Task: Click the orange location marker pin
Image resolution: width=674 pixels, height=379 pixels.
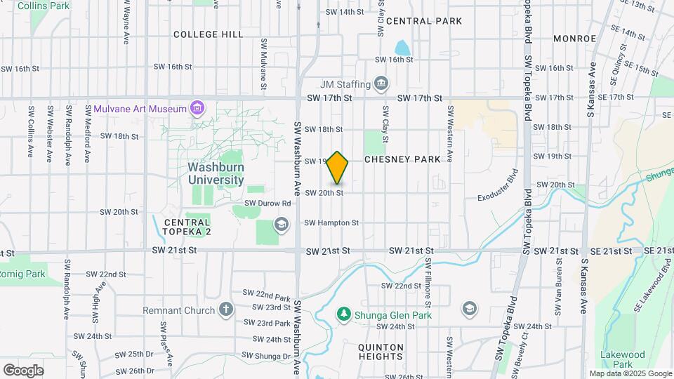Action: pyautogui.click(x=338, y=167)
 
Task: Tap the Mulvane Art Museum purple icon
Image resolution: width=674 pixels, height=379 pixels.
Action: pyautogui.click(x=198, y=108)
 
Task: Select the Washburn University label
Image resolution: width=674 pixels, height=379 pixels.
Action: pyautogui.click(x=216, y=173)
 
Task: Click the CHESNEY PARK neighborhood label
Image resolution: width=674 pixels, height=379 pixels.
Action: pyautogui.click(x=402, y=159)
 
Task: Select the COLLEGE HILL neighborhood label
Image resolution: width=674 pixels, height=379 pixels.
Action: pyautogui.click(x=208, y=34)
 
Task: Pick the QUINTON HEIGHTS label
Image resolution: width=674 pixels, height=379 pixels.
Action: pyautogui.click(x=381, y=352)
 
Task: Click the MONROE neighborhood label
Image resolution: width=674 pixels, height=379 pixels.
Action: pyautogui.click(x=574, y=39)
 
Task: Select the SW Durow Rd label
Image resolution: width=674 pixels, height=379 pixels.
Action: pyautogui.click(x=267, y=204)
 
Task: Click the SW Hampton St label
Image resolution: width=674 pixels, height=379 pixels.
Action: pyautogui.click(x=331, y=223)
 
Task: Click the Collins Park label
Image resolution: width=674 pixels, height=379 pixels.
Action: pyautogui.click(x=44, y=6)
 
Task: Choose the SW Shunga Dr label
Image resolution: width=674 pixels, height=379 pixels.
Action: pyautogui.click(x=267, y=356)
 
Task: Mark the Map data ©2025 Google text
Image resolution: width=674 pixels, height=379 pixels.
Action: pyautogui.click(x=630, y=373)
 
